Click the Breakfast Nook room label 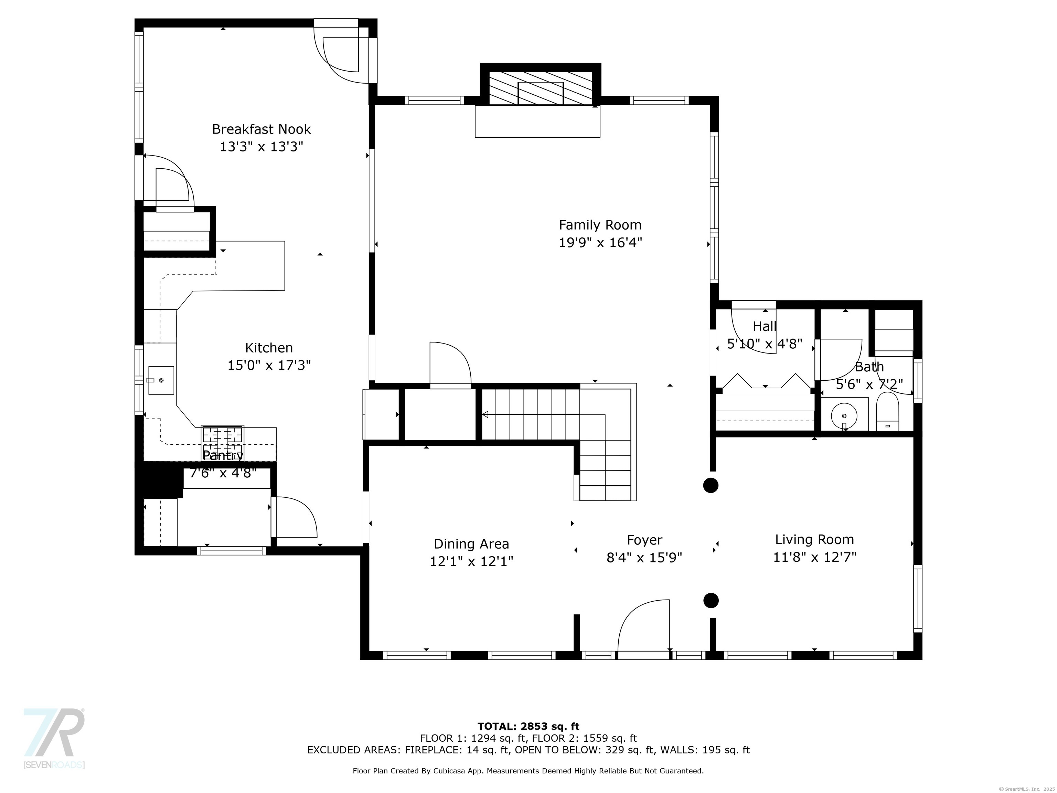[261, 129]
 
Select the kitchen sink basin [161, 380]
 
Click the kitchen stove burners [222, 434]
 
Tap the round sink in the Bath [844, 414]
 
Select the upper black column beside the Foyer [711, 485]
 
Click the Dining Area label [471, 544]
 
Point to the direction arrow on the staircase [485, 414]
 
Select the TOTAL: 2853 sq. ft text [528, 727]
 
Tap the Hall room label [764, 327]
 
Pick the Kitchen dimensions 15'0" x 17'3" [269, 366]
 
